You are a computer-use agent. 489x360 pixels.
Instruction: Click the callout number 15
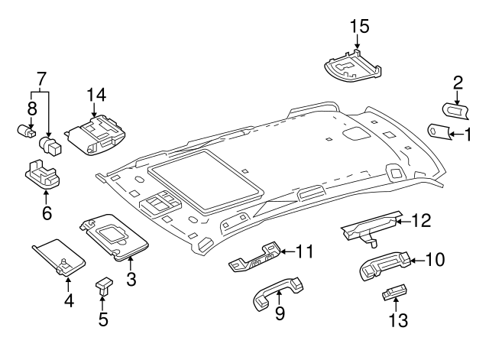359,26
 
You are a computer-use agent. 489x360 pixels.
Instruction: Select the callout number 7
41,79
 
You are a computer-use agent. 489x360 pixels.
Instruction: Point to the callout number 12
421,221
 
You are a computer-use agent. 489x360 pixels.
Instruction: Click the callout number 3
131,280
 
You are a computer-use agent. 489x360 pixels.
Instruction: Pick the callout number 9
279,313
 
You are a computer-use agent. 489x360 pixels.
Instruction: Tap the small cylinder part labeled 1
439,131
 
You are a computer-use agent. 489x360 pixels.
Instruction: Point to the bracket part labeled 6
42,175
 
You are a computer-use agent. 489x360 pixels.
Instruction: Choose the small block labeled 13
393,294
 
